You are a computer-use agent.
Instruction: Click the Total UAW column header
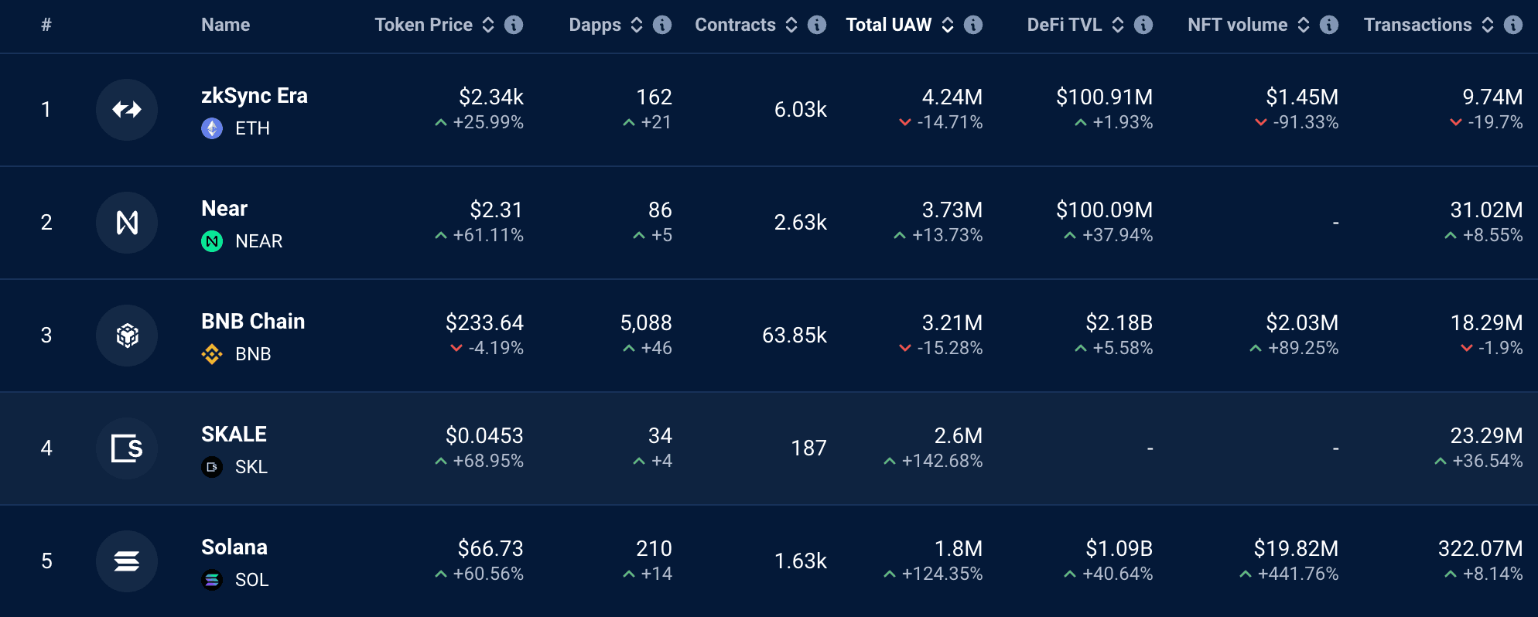tap(888, 25)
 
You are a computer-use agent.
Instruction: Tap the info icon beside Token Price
tap(514, 25)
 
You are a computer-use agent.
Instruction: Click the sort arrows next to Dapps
tap(637, 25)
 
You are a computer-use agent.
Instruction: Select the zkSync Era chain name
tap(254, 96)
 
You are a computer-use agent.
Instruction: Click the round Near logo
tap(127, 223)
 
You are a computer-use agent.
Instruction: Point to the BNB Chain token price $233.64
tap(484, 322)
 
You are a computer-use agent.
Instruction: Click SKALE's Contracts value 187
tap(808, 448)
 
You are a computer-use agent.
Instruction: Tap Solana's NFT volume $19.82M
tap(1296, 549)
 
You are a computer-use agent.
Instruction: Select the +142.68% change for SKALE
tap(942, 462)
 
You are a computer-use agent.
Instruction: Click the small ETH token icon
tap(212, 128)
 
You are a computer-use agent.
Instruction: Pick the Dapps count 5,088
tap(646, 322)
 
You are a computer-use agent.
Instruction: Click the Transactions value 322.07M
tap(1480, 549)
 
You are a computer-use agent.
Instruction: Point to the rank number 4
tap(46, 448)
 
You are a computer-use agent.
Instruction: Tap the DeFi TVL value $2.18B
tap(1119, 322)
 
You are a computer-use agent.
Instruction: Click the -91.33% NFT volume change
tap(1305, 122)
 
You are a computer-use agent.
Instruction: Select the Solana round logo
tap(127, 561)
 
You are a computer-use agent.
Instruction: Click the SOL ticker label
tap(251, 580)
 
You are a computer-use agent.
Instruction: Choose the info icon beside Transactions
tap(1513, 25)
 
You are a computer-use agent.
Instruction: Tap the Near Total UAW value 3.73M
tap(952, 210)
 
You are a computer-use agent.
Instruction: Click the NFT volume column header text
tap(1237, 25)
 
